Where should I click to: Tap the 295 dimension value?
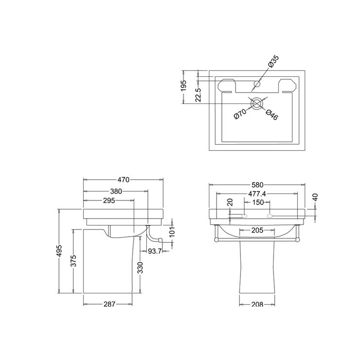click(108, 200)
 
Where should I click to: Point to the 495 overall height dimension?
click(59, 251)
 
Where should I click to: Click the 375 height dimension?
click(73, 261)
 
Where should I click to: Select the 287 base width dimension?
click(109, 305)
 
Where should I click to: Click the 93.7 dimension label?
click(154, 251)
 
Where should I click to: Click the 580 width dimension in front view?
click(257, 185)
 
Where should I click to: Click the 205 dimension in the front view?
click(257, 230)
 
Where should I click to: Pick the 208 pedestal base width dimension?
click(257, 305)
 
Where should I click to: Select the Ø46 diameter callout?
click(272, 115)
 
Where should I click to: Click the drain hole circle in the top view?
click(257, 103)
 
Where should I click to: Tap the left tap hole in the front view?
click(245, 215)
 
